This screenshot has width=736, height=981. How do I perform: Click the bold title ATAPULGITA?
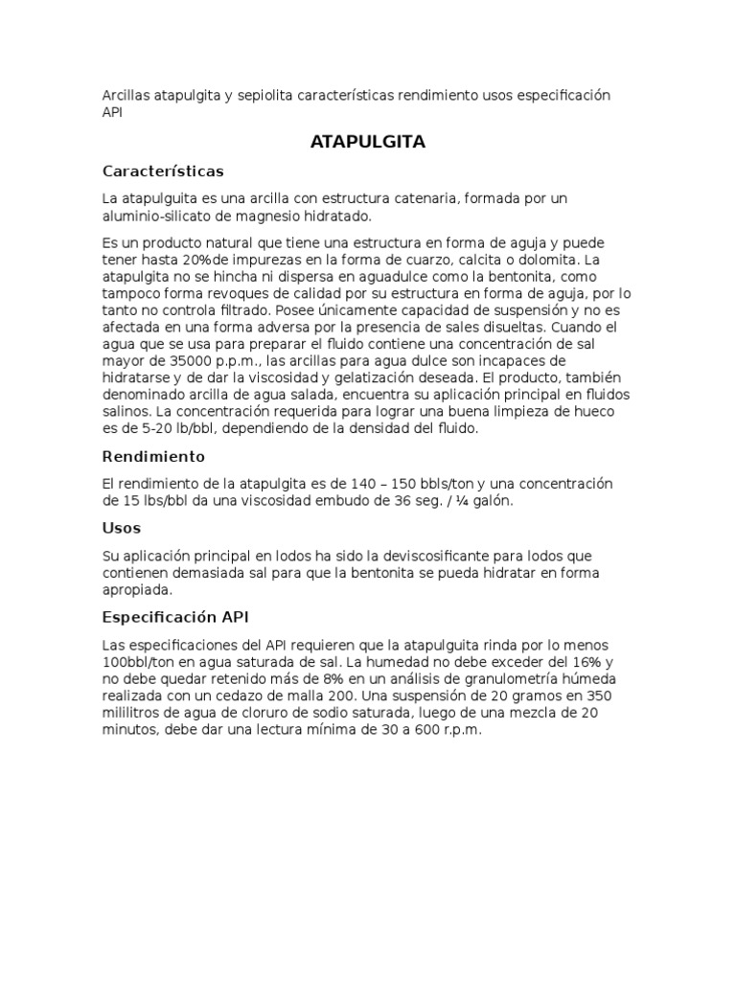tap(368, 143)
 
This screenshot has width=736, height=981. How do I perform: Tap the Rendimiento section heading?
tap(153, 456)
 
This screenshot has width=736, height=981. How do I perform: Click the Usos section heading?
tap(122, 528)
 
